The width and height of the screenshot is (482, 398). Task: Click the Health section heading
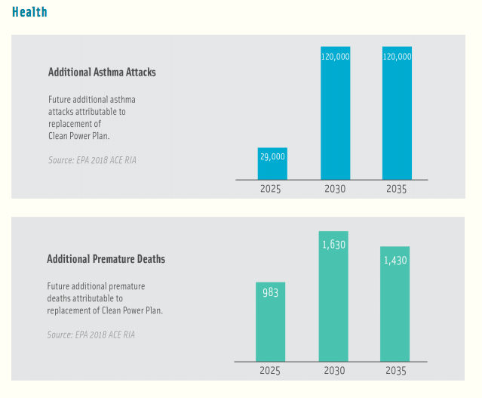click(x=29, y=12)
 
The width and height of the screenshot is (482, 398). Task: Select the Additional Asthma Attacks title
click(x=102, y=73)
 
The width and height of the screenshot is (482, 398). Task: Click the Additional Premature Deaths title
click(x=106, y=259)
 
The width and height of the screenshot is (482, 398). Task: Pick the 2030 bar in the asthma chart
click(x=335, y=113)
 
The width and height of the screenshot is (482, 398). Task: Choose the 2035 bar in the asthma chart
click(x=397, y=113)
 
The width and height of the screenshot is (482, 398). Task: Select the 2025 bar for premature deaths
click(x=270, y=321)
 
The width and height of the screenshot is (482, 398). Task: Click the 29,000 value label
click(x=272, y=156)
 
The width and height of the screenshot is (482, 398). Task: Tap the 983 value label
click(x=270, y=292)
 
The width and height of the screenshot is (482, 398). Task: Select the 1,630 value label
click(x=333, y=245)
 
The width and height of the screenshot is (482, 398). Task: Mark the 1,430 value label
click(x=395, y=260)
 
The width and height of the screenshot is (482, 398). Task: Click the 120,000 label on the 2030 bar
click(x=335, y=57)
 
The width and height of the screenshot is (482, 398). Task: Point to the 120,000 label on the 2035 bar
click(x=397, y=57)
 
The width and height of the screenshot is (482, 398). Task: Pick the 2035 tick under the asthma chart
click(x=395, y=189)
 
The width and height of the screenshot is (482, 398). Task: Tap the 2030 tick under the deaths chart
click(x=333, y=371)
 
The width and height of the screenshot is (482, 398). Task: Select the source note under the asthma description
click(x=87, y=159)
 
